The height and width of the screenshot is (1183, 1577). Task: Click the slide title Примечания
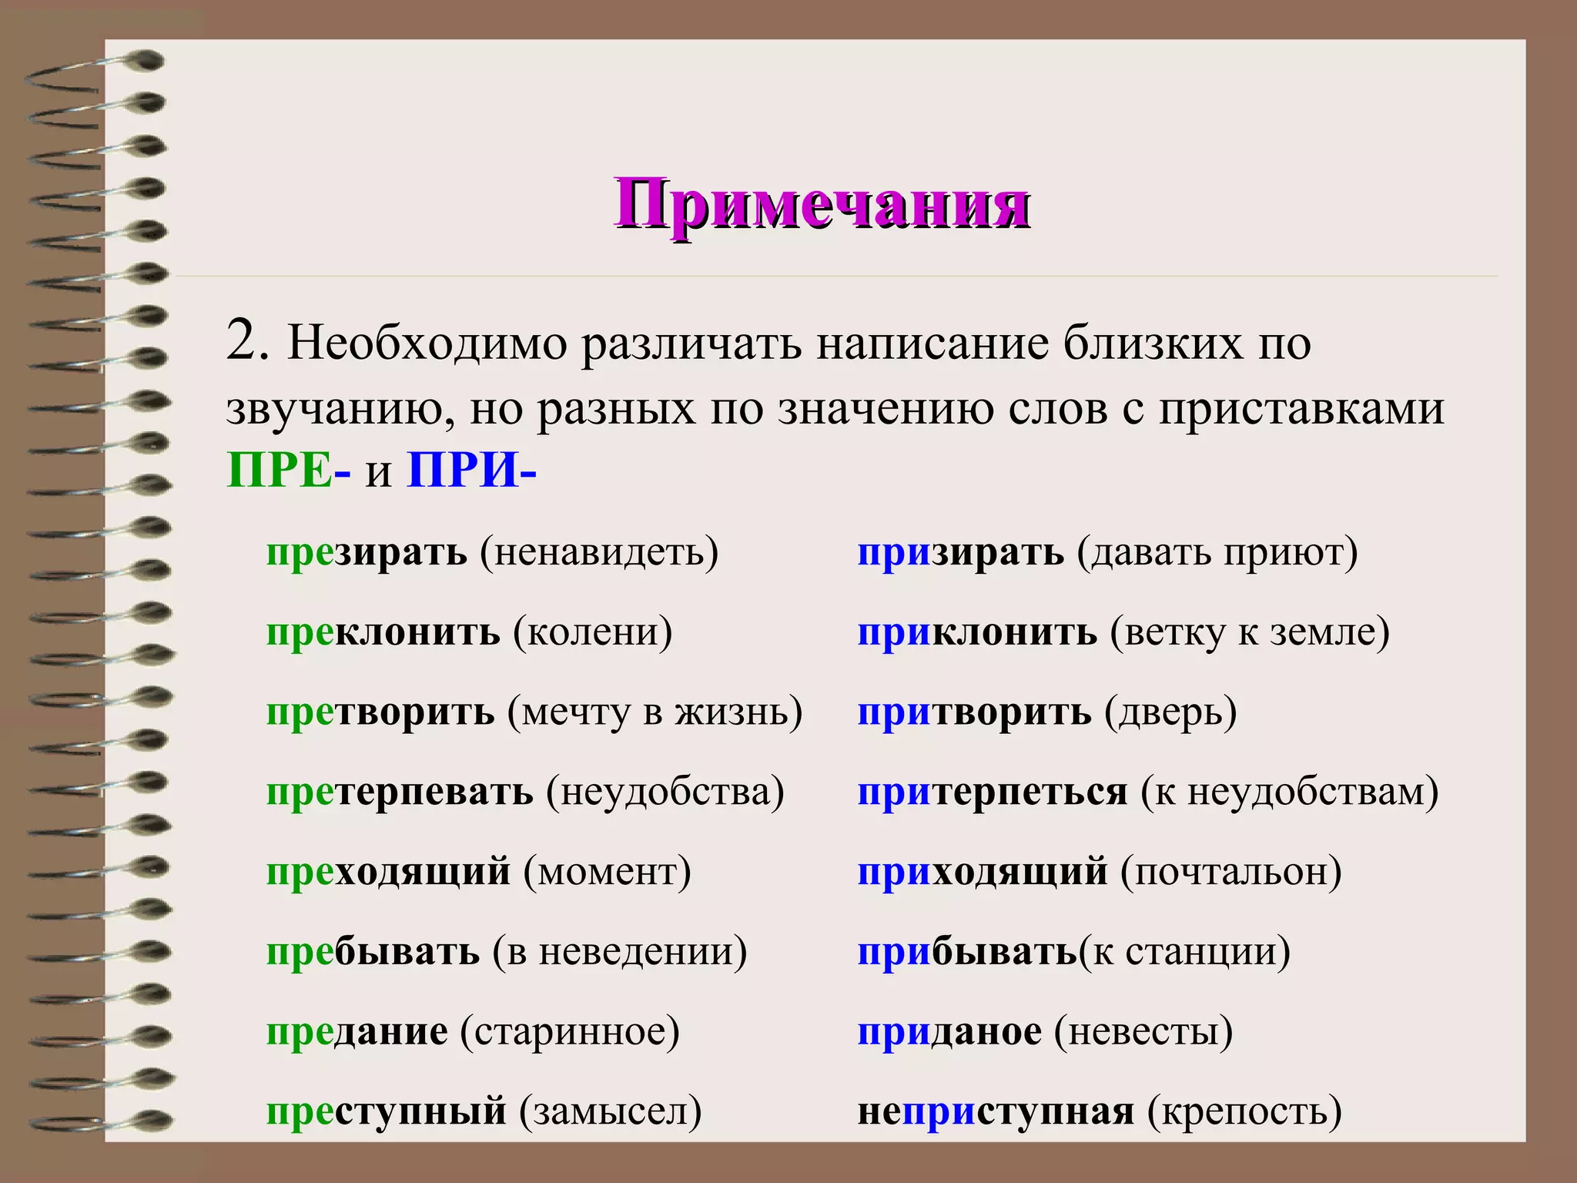822,204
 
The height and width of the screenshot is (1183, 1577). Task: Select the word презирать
367,553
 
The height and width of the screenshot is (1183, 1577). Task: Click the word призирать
960,553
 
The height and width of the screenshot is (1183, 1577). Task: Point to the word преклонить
383,633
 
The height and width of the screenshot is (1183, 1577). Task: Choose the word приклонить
977,633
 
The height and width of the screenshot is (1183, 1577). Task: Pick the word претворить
380,712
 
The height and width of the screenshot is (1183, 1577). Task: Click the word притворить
974,712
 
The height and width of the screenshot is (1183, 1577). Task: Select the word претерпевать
400,793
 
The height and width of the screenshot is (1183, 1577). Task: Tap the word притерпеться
993,793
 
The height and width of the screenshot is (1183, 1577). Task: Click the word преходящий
388,873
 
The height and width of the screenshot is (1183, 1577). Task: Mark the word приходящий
983,873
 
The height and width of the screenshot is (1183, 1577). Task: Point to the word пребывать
373,952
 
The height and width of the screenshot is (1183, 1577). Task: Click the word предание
357,1032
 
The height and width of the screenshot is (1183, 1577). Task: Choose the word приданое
949,1032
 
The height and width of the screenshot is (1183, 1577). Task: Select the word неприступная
996,1112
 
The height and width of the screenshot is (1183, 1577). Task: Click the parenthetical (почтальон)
1231,873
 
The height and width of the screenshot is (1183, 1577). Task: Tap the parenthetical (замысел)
611,1112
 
